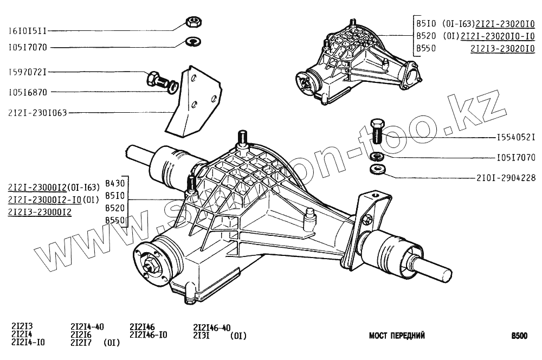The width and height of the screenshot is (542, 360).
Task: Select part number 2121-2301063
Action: point(37,113)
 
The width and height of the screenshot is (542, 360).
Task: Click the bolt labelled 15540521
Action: point(377,131)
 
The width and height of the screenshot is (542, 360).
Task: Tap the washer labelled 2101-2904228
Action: point(376,170)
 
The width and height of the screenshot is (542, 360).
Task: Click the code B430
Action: point(115,182)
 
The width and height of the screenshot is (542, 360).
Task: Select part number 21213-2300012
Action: point(40,211)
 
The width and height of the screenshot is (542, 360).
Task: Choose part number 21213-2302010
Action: point(502,48)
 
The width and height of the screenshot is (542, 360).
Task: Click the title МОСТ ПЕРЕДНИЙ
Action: point(397,336)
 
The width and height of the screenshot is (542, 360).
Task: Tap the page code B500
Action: point(519,336)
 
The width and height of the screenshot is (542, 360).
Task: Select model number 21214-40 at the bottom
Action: point(87,326)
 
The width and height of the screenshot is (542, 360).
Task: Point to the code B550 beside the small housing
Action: point(427,48)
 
